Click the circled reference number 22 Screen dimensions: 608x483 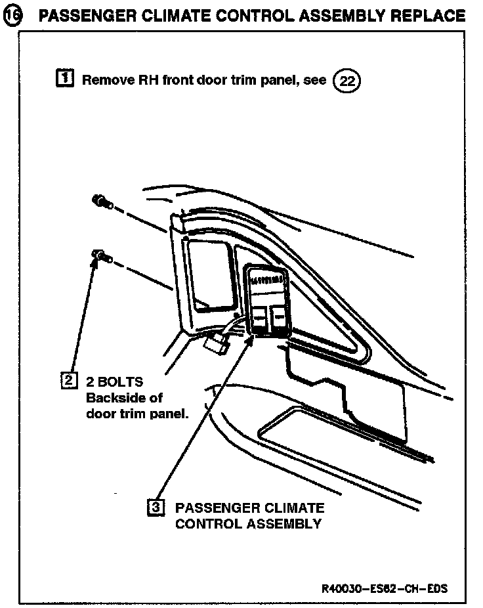pyautogui.click(x=348, y=82)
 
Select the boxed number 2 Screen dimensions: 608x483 pyautogui.click(x=68, y=380)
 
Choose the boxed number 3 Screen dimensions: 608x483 pyautogui.click(x=156, y=508)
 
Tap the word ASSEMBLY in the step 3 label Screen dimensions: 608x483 pyautogui.click(x=284, y=524)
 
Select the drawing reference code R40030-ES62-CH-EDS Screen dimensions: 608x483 pyautogui.click(x=384, y=588)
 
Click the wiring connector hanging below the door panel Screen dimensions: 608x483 pyautogui.click(x=215, y=343)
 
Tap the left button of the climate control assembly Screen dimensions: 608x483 pyautogui.click(x=259, y=318)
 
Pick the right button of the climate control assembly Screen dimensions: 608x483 pyautogui.click(x=280, y=318)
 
